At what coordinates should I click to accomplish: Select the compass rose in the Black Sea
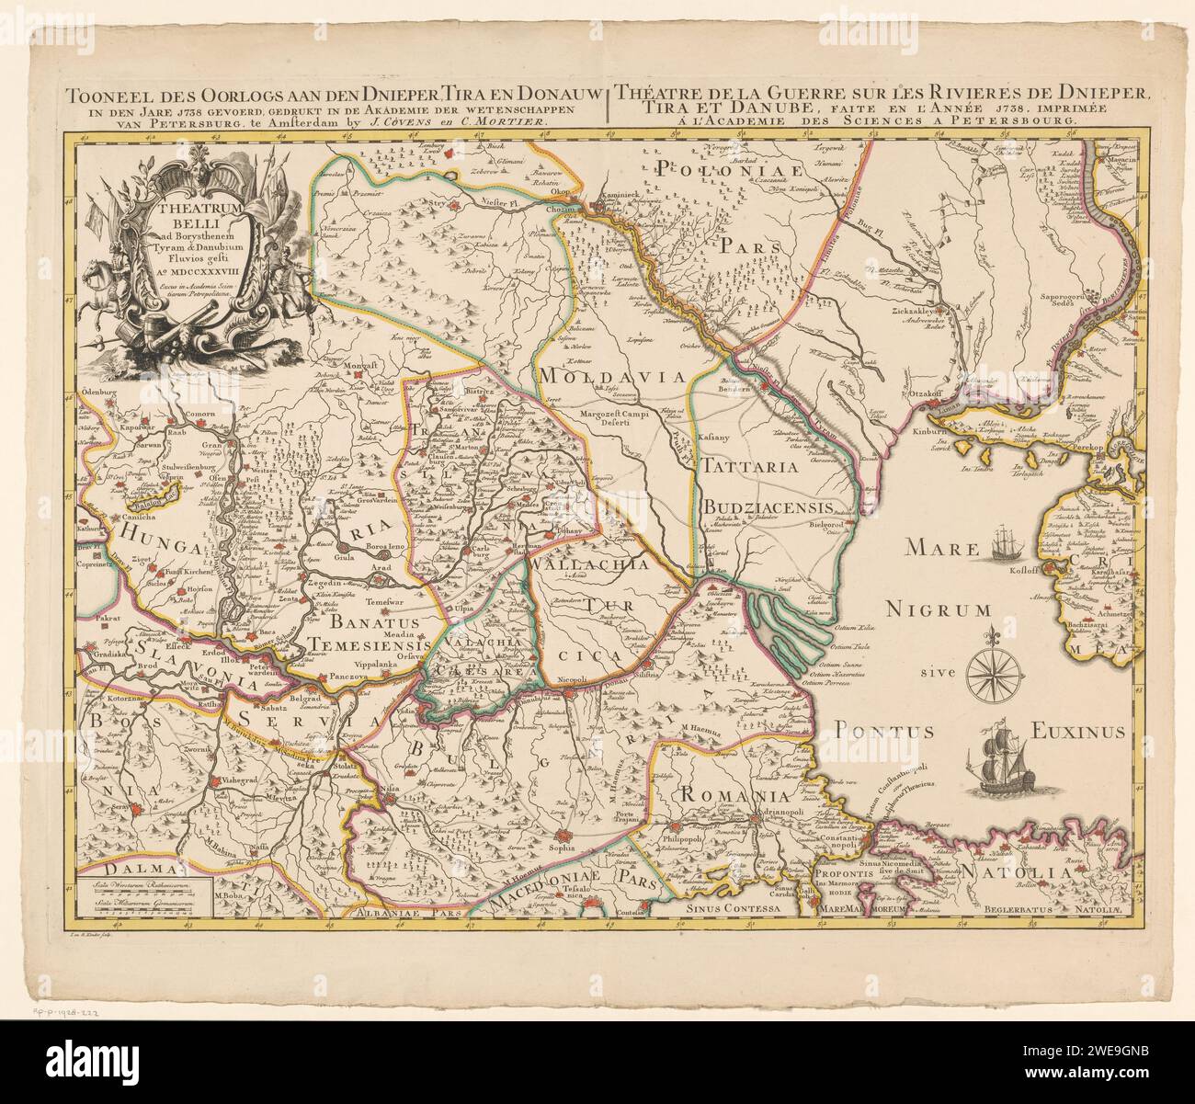pos(993,664)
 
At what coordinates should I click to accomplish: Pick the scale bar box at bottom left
pos(143,896)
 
